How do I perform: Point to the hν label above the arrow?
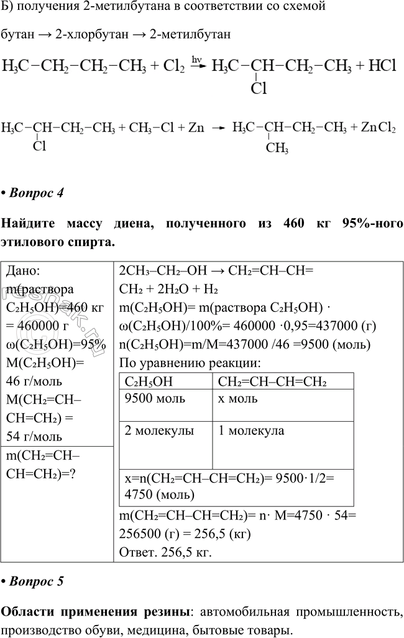pos(197,60)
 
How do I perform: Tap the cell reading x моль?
pos(238,398)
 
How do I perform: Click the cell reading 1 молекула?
pos(251,431)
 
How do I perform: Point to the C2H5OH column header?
pos(148,381)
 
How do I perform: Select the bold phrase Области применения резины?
pos(97,612)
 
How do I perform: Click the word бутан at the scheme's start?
pos(17,35)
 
